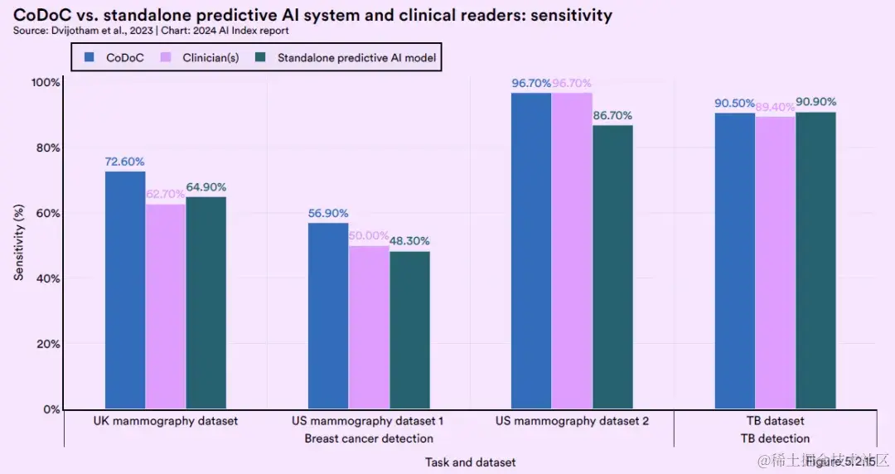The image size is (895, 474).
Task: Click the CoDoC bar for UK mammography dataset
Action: point(125,290)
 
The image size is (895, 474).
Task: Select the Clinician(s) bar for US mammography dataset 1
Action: point(369,327)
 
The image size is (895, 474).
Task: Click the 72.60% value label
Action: point(125,162)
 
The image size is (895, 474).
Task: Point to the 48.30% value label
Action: point(409,241)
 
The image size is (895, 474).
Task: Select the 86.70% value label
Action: point(612,115)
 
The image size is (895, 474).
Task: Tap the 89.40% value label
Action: point(775,107)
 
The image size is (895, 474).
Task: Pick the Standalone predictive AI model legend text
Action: point(356,58)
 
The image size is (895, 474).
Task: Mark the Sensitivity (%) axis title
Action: point(18,244)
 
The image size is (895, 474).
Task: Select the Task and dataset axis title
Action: point(470,462)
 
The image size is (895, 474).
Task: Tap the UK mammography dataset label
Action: point(166,421)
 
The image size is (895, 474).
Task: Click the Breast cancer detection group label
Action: point(369,438)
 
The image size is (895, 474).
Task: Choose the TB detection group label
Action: point(774,438)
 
